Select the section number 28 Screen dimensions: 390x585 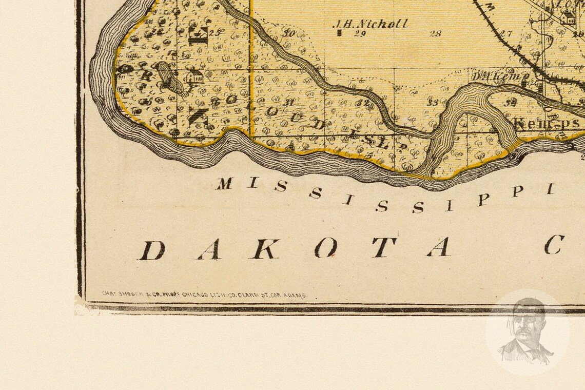tap(435, 34)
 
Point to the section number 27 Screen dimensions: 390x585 tap(506, 34)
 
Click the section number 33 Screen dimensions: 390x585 tap(433, 103)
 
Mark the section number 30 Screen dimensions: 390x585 tap(289, 34)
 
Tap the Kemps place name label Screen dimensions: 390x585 tap(547, 123)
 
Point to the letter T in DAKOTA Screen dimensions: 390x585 tap(384, 247)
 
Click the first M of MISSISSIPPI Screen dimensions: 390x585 tap(224, 183)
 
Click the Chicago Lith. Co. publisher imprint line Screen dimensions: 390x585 tap(204, 295)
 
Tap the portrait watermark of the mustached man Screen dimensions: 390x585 tap(526, 332)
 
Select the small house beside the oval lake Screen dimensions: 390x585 tap(194, 77)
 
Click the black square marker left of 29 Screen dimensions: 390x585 tap(340, 34)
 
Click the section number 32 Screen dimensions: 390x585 tap(362, 102)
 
